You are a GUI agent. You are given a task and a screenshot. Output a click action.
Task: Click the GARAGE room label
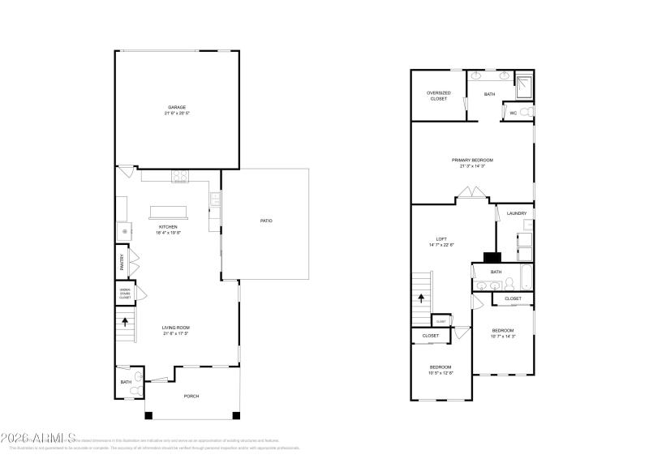[x=176, y=107]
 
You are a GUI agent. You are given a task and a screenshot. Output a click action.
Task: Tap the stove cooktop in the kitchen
[x=179, y=176]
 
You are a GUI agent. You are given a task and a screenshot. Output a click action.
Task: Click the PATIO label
[x=265, y=221]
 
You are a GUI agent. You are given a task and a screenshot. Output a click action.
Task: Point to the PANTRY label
[x=122, y=262]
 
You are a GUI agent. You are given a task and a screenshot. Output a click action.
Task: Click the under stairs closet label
[x=125, y=294]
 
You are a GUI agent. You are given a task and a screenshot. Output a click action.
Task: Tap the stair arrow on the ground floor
[x=125, y=321]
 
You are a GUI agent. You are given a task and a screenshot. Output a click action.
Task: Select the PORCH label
[x=191, y=396]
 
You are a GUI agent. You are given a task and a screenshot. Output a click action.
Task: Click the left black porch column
[x=148, y=416]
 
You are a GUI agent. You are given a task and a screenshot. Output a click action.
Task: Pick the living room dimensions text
[x=176, y=333]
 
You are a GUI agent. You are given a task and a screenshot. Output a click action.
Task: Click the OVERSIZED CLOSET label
[x=437, y=96]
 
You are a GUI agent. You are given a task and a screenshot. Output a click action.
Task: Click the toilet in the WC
[x=527, y=112]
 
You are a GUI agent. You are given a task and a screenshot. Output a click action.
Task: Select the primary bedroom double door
[x=471, y=194]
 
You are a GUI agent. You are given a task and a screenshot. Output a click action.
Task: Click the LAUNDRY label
[x=517, y=213]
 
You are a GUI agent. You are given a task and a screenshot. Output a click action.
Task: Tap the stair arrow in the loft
[x=420, y=298]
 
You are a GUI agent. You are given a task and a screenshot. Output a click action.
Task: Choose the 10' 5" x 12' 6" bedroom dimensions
[x=441, y=373]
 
